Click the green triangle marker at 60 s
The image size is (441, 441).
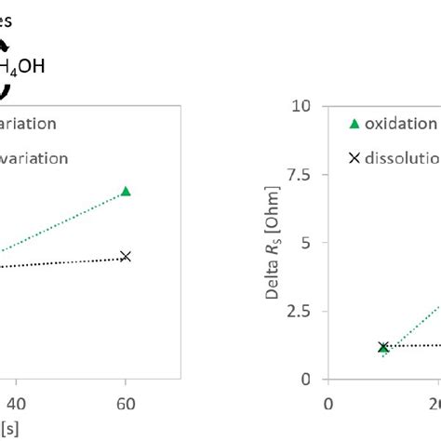126,191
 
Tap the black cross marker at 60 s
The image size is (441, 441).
126,256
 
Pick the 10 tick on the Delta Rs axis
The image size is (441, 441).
301,105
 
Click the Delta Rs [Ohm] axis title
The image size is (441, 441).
273,244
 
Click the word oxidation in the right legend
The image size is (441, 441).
401,124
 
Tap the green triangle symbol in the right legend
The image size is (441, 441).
354,124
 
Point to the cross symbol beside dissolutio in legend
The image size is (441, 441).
354,158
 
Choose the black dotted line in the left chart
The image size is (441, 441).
65,262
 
